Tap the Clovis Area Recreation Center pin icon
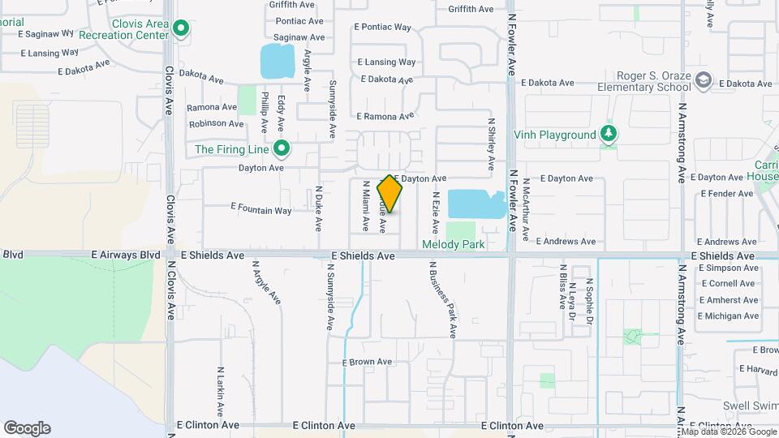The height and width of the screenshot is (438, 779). (x=182, y=30)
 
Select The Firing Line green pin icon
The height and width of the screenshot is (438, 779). (x=282, y=148)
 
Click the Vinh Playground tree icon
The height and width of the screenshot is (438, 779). (x=608, y=135)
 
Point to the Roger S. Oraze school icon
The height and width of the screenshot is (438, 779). (x=704, y=80)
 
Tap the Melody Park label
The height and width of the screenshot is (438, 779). (x=453, y=244)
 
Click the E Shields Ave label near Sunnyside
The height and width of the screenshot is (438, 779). (x=363, y=255)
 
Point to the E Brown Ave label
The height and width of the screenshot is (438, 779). (x=367, y=362)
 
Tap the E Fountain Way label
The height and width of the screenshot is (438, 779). (x=261, y=209)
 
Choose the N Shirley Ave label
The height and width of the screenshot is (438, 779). (x=492, y=144)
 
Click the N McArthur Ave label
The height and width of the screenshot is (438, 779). (x=526, y=210)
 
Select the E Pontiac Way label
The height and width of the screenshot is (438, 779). (x=383, y=27)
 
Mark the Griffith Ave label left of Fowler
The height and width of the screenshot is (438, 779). (x=470, y=10)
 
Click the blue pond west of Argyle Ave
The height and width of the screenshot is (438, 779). (x=277, y=62)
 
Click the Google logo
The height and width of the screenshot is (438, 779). (x=27, y=428)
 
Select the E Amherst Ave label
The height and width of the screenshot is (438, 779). (x=728, y=300)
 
